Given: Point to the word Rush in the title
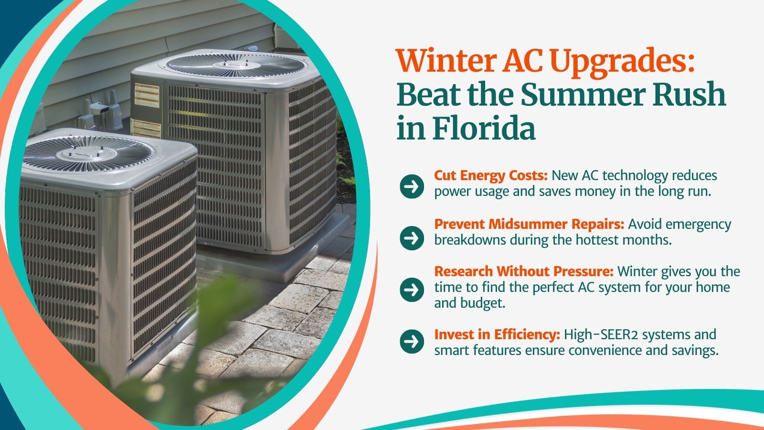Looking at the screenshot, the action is [690, 94].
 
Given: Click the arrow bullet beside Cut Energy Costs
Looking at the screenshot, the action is [412, 186].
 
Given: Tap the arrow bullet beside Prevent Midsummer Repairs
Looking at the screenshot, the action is [412, 238].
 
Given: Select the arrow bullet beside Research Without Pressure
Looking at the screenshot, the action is [412, 290].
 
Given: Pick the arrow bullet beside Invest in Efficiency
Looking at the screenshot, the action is [412, 341].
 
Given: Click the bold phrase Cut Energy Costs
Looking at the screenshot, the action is [491, 176].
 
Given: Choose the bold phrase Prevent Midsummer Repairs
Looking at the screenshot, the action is [530, 224].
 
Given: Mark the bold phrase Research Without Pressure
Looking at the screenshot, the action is [524, 272].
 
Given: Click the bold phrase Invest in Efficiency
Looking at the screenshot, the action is [497, 335].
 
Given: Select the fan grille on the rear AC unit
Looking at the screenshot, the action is [236, 64].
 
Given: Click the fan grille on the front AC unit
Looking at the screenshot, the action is [89, 153].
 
